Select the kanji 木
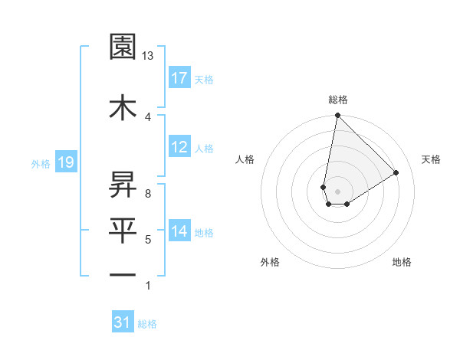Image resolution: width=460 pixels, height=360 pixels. point(123,106)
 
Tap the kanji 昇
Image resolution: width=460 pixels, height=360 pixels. point(123,183)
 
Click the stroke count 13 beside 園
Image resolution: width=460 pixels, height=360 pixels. point(148,56)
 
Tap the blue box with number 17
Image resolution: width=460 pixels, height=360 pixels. point(179,78)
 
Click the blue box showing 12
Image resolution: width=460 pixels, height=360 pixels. point(179,148)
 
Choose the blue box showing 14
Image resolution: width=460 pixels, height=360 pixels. point(179,231)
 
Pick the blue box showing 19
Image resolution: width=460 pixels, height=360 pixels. point(65,162)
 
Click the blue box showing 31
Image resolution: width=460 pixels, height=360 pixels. point(123,322)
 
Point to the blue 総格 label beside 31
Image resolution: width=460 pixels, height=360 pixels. point(147,324)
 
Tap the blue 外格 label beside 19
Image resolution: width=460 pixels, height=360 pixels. point(41,163)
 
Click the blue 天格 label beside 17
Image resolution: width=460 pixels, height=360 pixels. point(204,80)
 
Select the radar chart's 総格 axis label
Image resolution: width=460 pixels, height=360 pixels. point(337,100)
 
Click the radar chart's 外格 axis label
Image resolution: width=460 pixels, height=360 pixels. point(270,262)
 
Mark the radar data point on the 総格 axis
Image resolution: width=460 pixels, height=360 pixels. point(337,116)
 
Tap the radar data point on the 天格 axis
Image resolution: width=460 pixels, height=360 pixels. point(396,172)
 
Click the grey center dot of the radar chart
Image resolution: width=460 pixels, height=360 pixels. point(337,190)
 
